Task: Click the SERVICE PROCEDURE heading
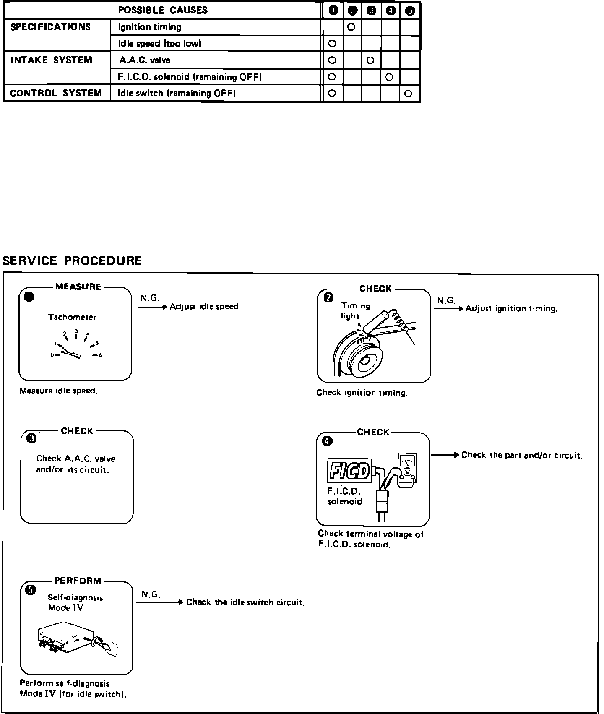(x=72, y=261)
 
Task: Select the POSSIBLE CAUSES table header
(x=163, y=10)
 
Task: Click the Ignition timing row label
(x=150, y=27)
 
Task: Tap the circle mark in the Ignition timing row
(x=351, y=27)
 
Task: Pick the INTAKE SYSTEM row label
(x=51, y=60)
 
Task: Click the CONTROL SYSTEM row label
(x=56, y=93)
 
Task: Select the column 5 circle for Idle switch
(x=409, y=94)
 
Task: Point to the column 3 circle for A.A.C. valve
(x=370, y=60)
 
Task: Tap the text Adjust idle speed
(x=205, y=307)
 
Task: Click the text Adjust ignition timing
(x=511, y=309)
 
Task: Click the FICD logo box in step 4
(x=349, y=471)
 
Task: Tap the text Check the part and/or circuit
(x=522, y=455)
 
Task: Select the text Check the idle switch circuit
(x=245, y=602)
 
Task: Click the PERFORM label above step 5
(x=78, y=581)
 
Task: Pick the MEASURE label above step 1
(x=78, y=287)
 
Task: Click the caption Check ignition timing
(x=362, y=393)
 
